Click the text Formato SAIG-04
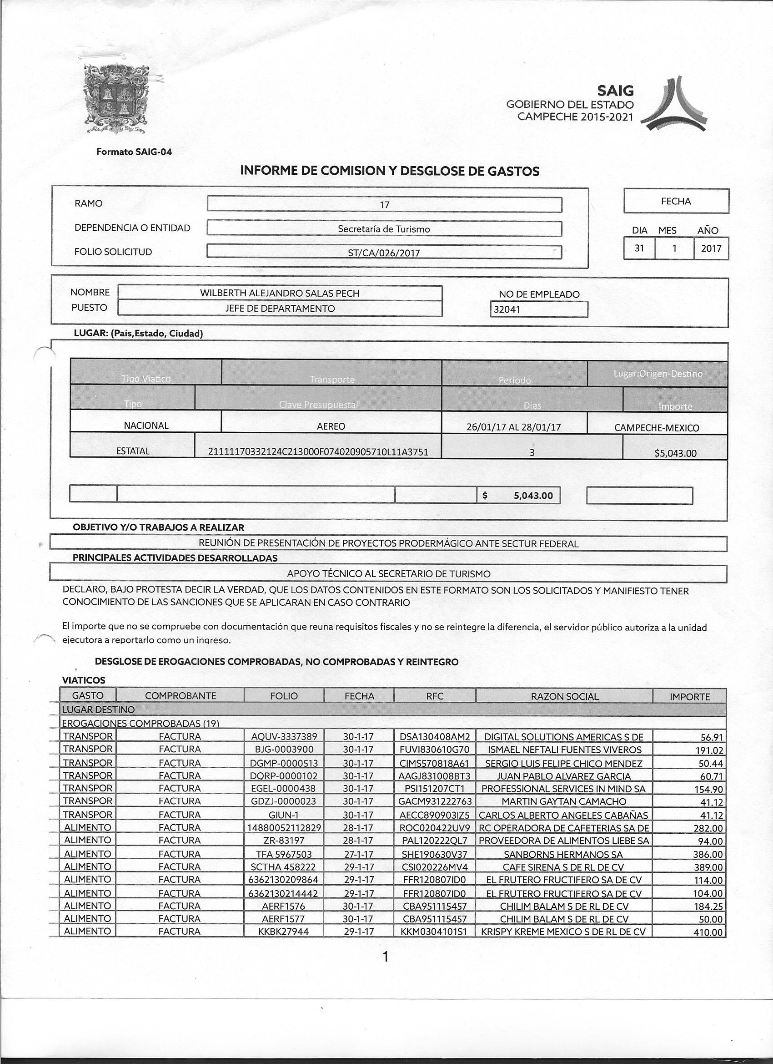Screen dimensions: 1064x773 coord(134,152)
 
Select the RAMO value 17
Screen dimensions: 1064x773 coord(384,205)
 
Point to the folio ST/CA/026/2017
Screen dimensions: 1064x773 coord(384,253)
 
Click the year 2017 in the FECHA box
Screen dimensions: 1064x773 coord(711,248)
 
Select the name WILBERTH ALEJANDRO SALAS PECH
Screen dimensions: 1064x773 coord(279,293)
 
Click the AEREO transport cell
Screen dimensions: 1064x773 coord(331,426)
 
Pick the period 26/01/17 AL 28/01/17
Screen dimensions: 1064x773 coord(514,427)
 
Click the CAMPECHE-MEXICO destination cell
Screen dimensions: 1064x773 coord(656,428)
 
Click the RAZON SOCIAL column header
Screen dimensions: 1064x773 coord(564,697)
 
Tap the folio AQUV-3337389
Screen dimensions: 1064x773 coord(284,736)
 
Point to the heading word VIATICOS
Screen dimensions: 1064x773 coord(84,680)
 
